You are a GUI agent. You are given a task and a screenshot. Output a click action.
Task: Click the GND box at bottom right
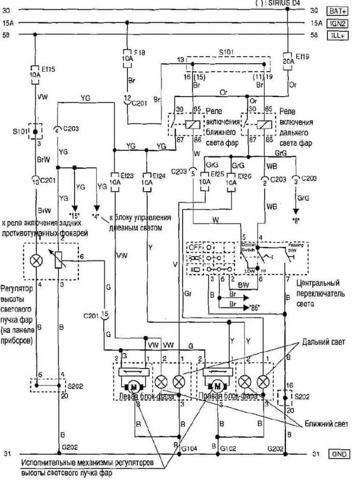[x=339, y=454]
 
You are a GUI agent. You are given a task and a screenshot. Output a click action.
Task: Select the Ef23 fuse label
[x=126, y=176]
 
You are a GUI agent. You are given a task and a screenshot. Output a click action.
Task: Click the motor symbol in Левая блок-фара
[x=135, y=387]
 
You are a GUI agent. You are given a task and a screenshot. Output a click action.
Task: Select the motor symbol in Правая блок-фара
[x=217, y=387]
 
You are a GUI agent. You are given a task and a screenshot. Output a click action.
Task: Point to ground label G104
[x=190, y=448]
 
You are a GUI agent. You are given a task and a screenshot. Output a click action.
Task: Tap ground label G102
[x=228, y=448]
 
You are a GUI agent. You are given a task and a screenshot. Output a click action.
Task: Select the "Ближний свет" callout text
[x=325, y=424]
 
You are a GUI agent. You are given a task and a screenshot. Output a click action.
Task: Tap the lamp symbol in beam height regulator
[x=36, y=262]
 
